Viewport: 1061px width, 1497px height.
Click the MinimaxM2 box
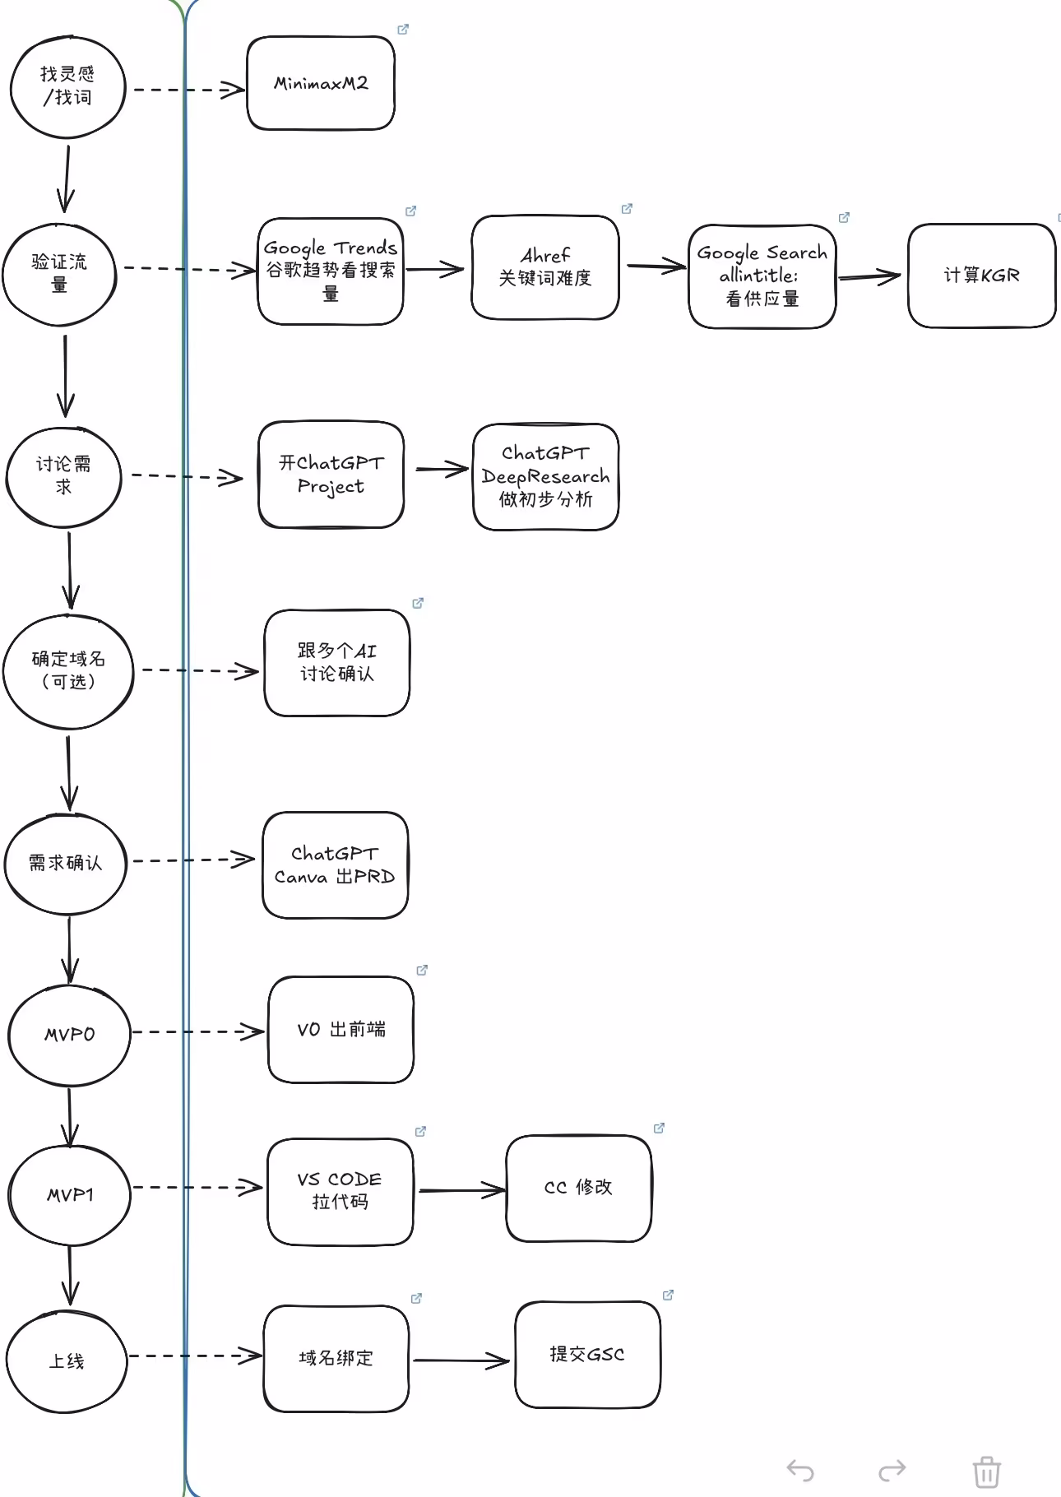[321, 83]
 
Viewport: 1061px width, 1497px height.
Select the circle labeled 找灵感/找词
[67, 86]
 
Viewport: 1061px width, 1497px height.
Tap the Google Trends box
[330, 271]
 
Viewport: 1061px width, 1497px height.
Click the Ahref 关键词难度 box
[544, 267]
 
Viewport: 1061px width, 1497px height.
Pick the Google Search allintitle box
[762, 276]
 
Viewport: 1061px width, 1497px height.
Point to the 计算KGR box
[981, 276]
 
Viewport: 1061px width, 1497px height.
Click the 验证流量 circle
[59, 273]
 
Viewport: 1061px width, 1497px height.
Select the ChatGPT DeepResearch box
[545, 476]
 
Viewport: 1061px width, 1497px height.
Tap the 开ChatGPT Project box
[331, 475]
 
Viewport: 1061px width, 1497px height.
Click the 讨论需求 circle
[64, 476]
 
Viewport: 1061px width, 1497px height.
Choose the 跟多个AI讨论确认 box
[336, 663]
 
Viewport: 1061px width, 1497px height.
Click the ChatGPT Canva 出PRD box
[335, 865]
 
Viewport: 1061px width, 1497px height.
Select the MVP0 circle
[69, 1035]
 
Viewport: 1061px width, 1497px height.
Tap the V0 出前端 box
[341, 1030]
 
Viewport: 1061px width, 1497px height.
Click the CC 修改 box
[578, 1188]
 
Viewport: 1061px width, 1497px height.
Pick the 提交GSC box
[587, 1355]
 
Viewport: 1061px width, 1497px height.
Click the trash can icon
[986, 1472]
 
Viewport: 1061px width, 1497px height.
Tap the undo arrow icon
[800, 1470]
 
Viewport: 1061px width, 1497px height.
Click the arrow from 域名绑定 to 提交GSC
[461, 1360]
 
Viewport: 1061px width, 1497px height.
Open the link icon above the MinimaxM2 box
[403, 30]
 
